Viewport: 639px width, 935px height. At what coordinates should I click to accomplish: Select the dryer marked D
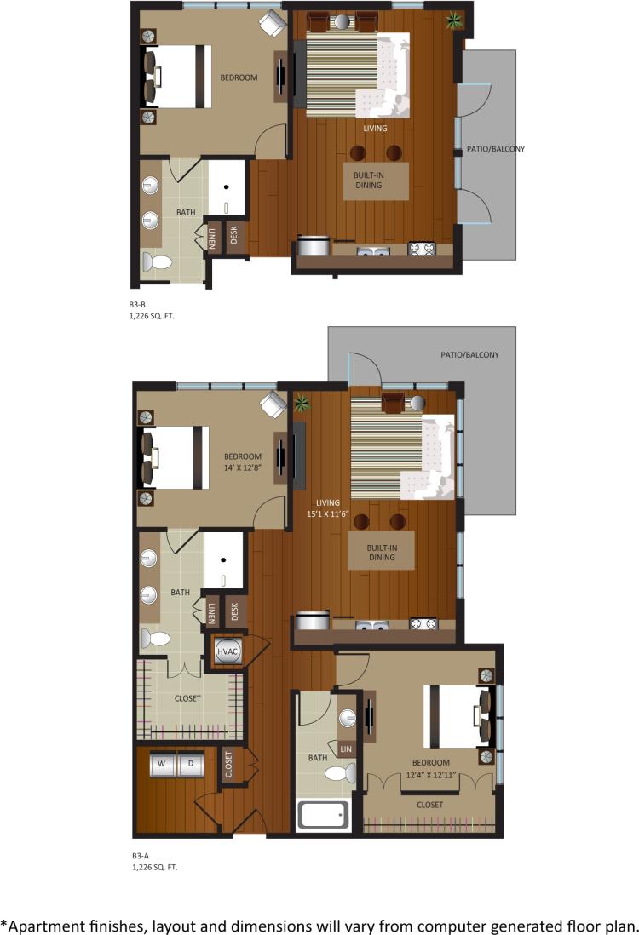point(190,765)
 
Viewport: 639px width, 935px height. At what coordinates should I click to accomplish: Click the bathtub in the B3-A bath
point(324,816)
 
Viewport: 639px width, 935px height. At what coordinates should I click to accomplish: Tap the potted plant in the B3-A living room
point(302,403)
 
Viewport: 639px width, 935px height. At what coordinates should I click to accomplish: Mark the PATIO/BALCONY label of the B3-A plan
point(469,355)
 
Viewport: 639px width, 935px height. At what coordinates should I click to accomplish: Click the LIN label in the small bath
point(346,749)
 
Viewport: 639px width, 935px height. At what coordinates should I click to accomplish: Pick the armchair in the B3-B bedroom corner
point(273,23)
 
